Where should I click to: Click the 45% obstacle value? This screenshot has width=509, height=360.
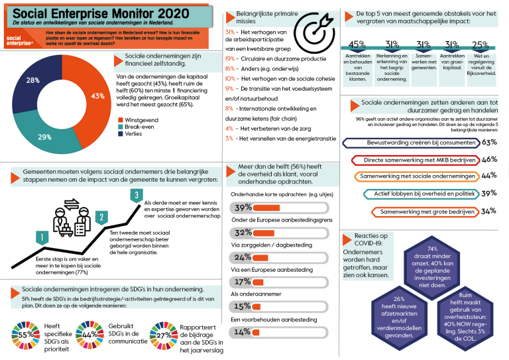[x=357, y=44]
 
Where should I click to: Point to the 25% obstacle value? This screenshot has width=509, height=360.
[x=481, y=44]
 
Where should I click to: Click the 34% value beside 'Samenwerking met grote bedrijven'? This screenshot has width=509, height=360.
[x=489, y=211]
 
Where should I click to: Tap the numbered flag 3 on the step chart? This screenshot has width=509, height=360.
[x=136, y=195]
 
